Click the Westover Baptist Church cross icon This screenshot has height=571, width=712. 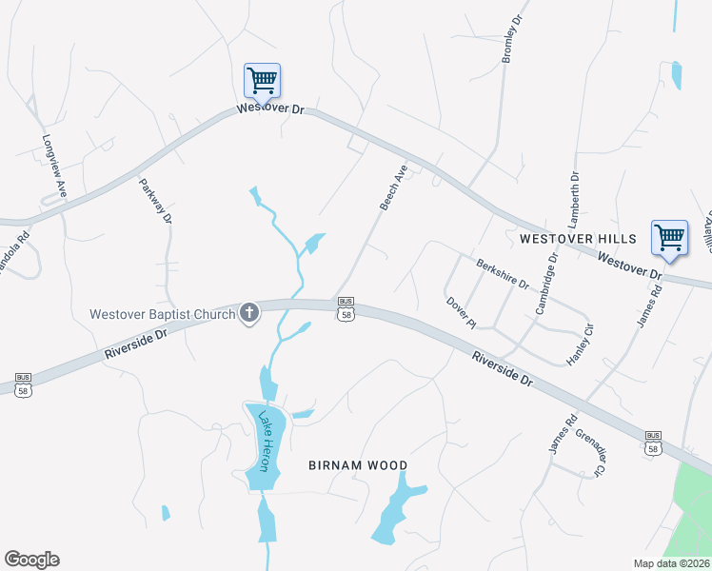pos(249,312)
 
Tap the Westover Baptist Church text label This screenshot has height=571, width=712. pos(162,313)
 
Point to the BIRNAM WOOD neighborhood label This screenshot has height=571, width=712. pos(358,465)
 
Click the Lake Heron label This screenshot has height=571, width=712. pos(267,442)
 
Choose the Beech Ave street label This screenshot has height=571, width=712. pos(393,187)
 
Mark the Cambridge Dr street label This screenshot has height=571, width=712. pos(545,285)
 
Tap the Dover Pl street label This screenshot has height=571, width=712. pos(461,312)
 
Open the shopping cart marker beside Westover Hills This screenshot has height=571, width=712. pos(669,237)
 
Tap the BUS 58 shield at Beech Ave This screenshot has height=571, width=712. pos(346,308)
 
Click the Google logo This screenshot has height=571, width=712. pos(31,560)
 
